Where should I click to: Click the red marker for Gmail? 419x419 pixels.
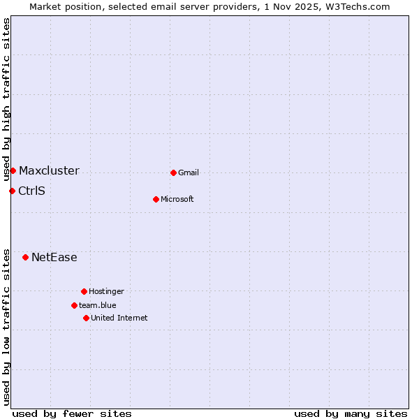click(x=173, y=172)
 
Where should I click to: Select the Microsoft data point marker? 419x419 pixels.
click(x=156, y=199)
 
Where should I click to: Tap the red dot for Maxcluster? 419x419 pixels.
click(x=13, y=170)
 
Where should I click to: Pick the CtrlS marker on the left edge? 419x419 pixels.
click(x=12, y=191)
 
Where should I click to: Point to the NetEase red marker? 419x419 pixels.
click(x=25, y=257)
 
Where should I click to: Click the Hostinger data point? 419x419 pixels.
click(x=84, y=291)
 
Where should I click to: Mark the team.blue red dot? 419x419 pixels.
click(x=74, y=305)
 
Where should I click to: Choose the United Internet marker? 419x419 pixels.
click(x=86, y=318)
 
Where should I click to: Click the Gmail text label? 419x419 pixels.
click(x=189, y=172)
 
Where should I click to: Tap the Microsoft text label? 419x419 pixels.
click(x=177, y=199)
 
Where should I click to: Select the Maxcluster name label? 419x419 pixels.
click(x=49, y=170)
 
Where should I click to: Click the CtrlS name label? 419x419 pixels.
click(x=31, y=191)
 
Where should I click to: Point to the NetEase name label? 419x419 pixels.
click(x=54, y=257)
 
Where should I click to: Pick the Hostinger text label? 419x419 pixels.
click(x=106, y=291)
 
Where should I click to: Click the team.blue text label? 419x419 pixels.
click(x=98, y=305)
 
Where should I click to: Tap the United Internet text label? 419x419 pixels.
click(x=119, y=318)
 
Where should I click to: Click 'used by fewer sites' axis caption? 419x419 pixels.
click(x=72, y=413)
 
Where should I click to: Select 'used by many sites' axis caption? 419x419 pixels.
click(x=351, y=413)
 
